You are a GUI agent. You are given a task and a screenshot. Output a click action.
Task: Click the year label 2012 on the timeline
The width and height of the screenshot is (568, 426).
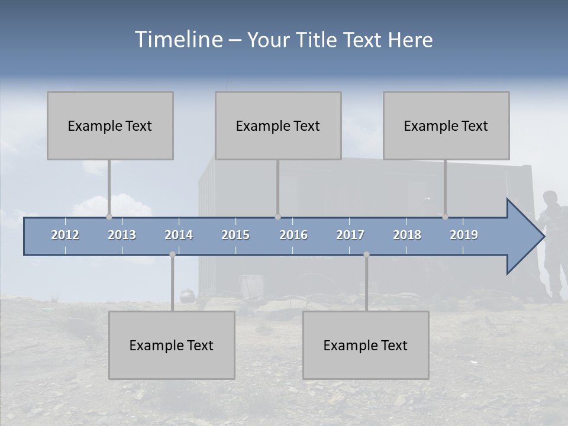65,235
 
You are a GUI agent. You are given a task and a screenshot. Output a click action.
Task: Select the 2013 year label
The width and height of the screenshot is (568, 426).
122,235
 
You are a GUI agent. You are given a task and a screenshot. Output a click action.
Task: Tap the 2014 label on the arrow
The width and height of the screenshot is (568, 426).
179,235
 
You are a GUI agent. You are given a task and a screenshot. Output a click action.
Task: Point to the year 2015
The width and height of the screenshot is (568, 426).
235,235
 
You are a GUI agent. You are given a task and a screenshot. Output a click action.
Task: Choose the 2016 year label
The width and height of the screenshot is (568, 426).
293,235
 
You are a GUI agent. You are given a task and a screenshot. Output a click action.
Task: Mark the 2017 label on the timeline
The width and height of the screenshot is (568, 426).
350,235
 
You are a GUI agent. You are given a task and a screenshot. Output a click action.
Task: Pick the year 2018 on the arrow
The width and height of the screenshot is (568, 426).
407,235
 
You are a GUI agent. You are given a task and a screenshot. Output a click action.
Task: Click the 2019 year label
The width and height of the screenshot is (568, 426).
464,235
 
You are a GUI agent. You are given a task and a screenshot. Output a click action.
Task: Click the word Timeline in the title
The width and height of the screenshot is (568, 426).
177,40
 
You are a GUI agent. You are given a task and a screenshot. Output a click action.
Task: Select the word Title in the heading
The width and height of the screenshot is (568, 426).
318,40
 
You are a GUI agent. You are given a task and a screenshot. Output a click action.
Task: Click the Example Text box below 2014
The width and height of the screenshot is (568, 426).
172,345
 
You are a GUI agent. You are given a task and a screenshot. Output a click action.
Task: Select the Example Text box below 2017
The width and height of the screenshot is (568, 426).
366,345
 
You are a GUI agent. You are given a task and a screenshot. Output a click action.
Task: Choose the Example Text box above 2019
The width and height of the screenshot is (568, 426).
446,125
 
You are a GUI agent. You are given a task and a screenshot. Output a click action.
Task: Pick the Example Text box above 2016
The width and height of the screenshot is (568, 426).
278,125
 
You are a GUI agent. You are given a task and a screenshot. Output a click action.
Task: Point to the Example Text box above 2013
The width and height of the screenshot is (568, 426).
110,125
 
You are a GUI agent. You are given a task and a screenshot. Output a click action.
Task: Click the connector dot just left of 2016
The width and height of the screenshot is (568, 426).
277,217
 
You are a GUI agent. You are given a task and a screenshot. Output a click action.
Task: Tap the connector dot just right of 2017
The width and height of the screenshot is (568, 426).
366,254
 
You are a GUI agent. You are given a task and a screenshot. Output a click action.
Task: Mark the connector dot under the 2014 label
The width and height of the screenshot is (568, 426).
172,254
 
